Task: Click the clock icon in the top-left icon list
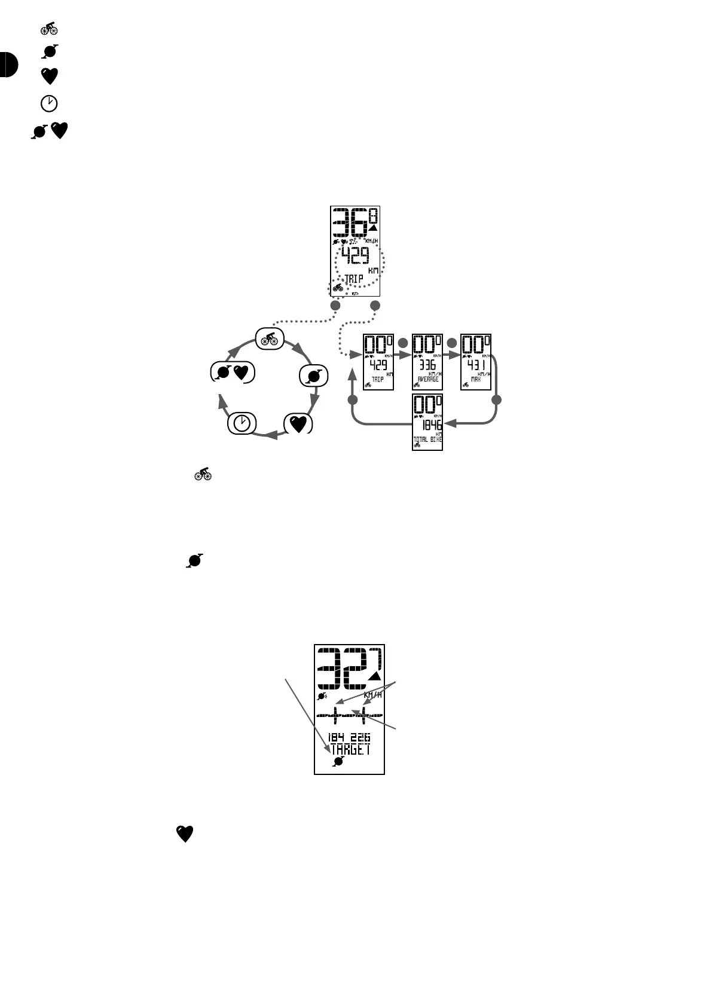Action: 49,103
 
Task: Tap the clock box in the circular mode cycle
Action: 242,423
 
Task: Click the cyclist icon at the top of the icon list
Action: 49,28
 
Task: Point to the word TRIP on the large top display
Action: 353,279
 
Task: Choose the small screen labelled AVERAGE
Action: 427,362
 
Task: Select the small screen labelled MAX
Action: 476,362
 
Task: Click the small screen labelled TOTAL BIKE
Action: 427,422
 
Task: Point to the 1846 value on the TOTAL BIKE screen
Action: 431,425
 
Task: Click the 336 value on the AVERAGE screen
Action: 427,365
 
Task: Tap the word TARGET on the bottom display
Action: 350,749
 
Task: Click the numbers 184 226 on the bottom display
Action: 349,737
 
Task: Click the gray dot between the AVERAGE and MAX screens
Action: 452,343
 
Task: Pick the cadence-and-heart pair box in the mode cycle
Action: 233,372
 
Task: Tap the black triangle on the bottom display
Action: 374,676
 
